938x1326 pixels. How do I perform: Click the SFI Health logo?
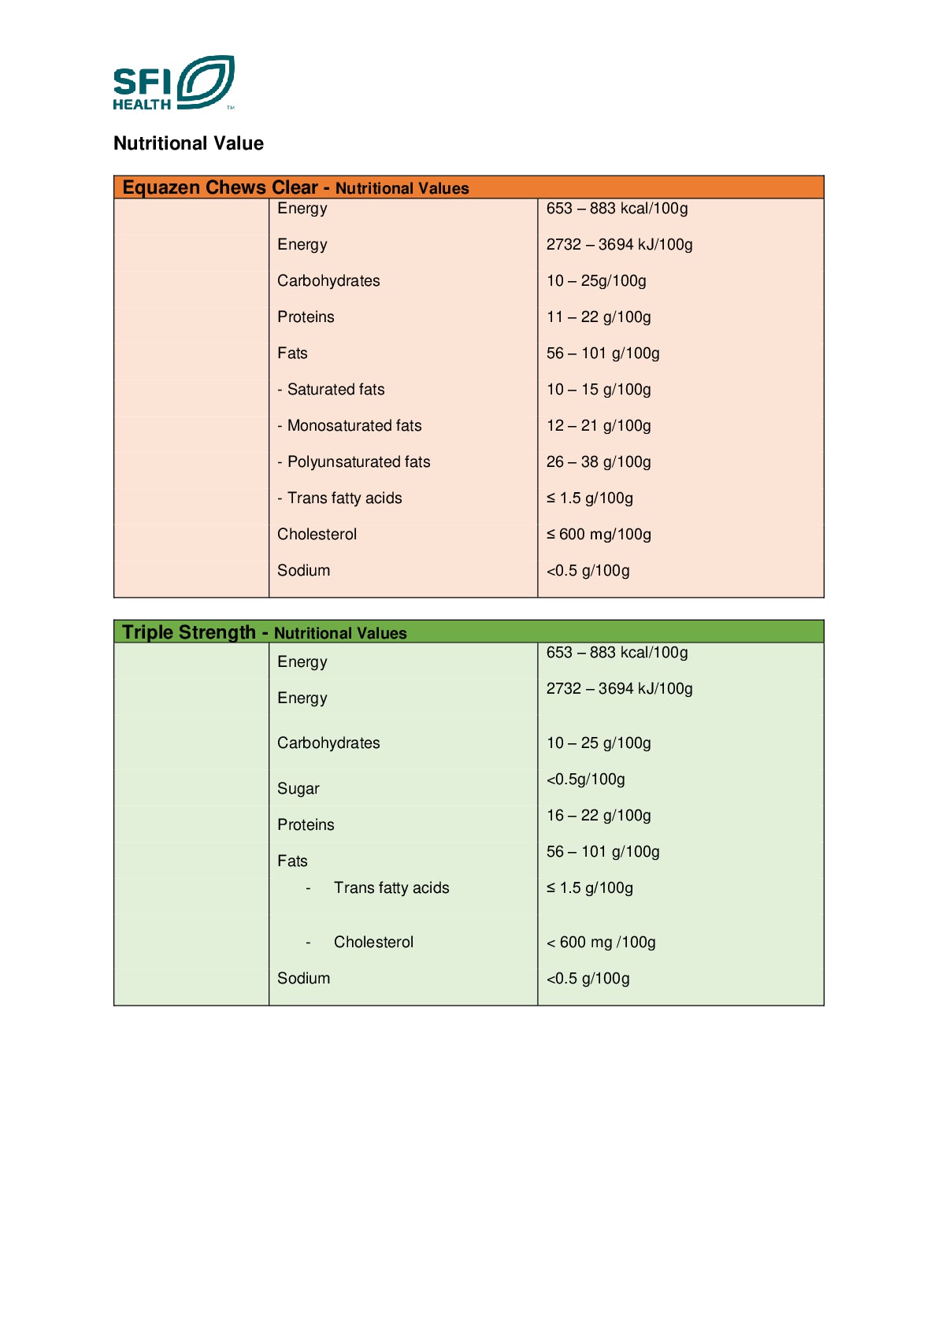(173, 83)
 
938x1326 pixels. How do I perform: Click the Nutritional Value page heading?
(188, 143)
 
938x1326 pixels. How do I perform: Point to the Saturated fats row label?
(332, 389)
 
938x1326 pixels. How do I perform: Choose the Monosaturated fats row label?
(350, 425)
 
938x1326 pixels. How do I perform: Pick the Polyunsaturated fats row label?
(354, 461)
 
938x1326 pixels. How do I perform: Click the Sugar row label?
(298, 788)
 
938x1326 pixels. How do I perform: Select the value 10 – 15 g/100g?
(599, 389)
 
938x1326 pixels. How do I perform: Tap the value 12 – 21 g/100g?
(599, 425)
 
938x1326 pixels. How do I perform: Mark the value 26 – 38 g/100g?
(599, 461)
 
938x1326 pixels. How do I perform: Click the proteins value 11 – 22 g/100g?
(599, 317)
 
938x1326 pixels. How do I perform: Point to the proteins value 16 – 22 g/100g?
(599, 815)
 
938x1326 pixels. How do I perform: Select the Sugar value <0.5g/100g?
(586, 779)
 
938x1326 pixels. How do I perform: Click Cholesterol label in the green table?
(373, 942)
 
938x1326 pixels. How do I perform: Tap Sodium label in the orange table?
(303, 570)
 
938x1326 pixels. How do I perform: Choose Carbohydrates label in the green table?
(328, 743)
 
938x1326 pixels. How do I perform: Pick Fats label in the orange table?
(292, 353)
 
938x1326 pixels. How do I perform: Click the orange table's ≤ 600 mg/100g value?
(599, 534)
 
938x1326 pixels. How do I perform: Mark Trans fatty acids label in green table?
(391, 887)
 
